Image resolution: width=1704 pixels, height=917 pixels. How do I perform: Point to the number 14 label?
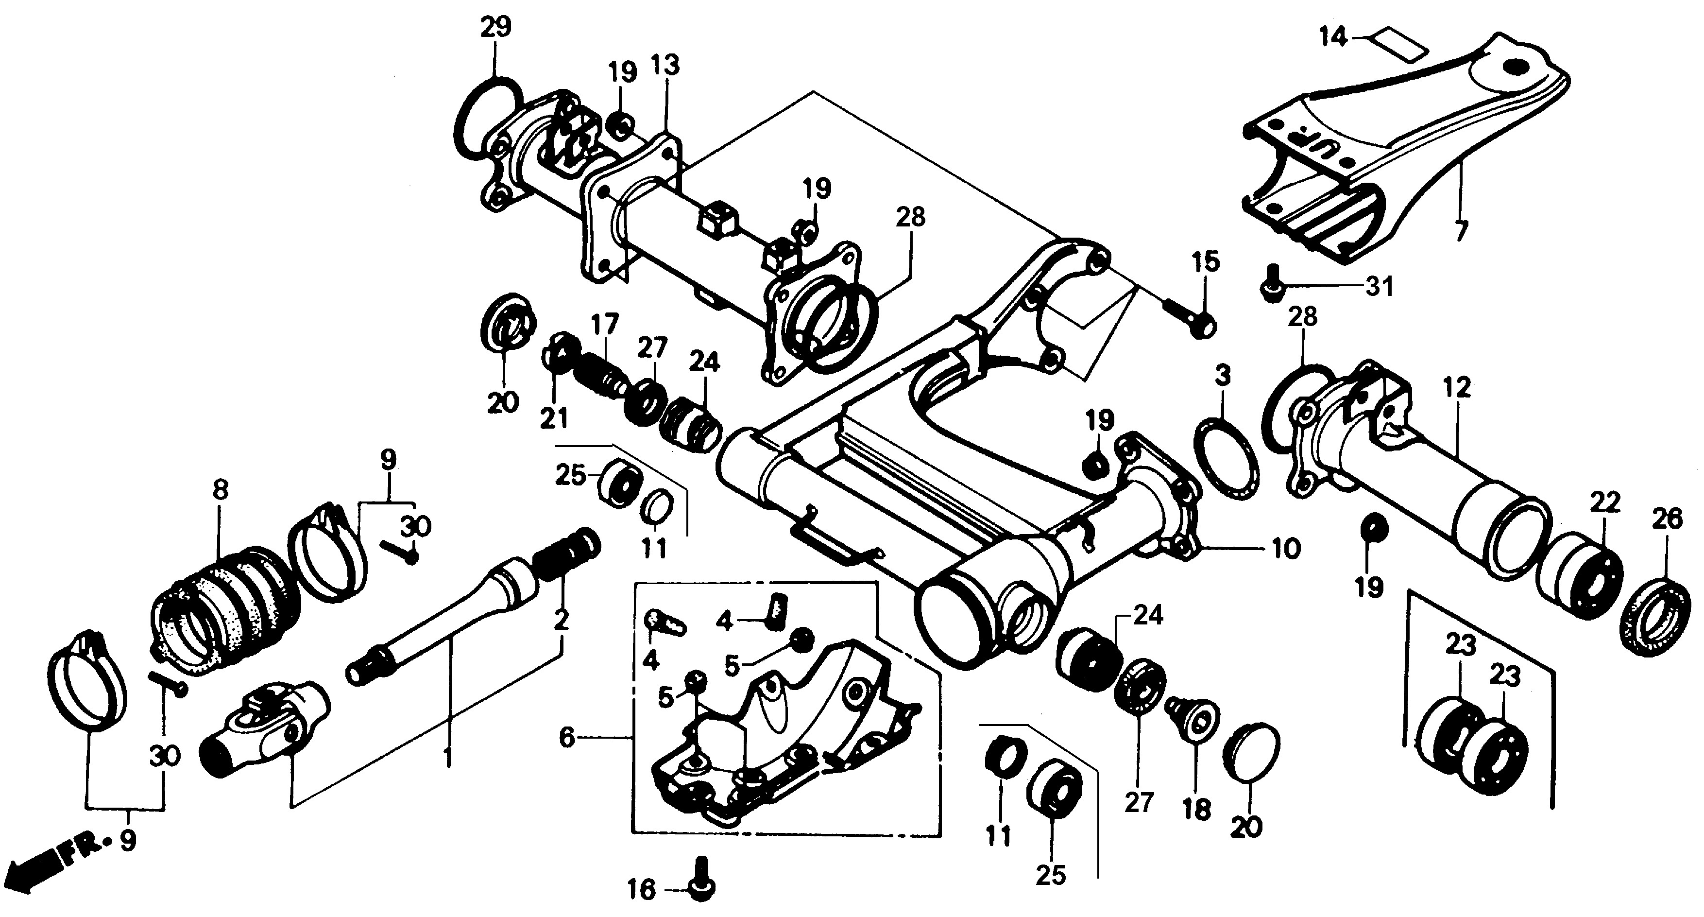pos(1333,37)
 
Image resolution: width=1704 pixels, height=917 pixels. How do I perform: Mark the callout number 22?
pos(1605,503)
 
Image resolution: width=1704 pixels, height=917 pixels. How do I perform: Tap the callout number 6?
pos(567,737)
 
